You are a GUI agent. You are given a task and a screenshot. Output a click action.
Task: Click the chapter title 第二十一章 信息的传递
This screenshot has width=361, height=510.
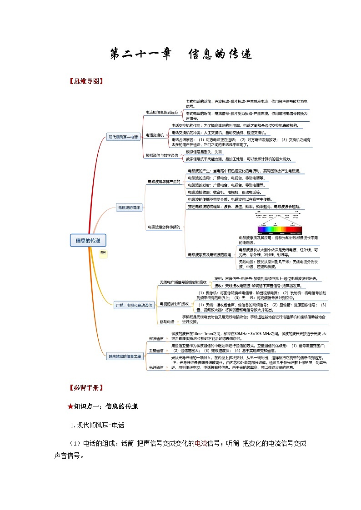click(180, 55)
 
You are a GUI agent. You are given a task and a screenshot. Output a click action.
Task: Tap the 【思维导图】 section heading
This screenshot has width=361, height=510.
click(85, 82)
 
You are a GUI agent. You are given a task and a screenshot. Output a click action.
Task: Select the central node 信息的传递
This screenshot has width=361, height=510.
click(88, 240)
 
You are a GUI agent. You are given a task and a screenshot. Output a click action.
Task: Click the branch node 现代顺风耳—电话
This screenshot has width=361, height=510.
click(122, 136)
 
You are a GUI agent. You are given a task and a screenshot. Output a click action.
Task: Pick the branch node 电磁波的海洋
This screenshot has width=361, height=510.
click(130, 208)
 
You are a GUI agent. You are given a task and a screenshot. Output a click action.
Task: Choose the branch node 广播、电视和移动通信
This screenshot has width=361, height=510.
click(134, 306)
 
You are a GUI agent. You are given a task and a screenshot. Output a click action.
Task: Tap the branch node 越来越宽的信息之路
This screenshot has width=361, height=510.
click(125, 357)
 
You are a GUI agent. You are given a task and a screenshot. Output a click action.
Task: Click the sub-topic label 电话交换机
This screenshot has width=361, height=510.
click(155, 135)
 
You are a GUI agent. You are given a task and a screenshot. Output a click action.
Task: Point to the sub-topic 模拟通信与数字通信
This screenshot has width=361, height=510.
click(162, 155)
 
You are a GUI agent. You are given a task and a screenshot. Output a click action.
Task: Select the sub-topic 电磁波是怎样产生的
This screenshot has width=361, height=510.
click(164, 182)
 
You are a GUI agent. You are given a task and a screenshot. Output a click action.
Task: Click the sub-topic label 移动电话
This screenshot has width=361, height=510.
click(167, 322)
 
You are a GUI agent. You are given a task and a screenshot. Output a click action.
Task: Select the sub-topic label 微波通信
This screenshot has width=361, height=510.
click(156, 339)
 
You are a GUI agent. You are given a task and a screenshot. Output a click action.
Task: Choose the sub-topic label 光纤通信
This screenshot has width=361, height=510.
click(156, 367)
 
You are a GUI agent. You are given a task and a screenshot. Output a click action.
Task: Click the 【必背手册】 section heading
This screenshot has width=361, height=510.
click(85, 388)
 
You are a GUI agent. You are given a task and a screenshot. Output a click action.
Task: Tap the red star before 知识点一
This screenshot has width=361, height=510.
click(70, 406)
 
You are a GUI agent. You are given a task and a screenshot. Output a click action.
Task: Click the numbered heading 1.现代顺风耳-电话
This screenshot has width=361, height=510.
click(97, 426)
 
